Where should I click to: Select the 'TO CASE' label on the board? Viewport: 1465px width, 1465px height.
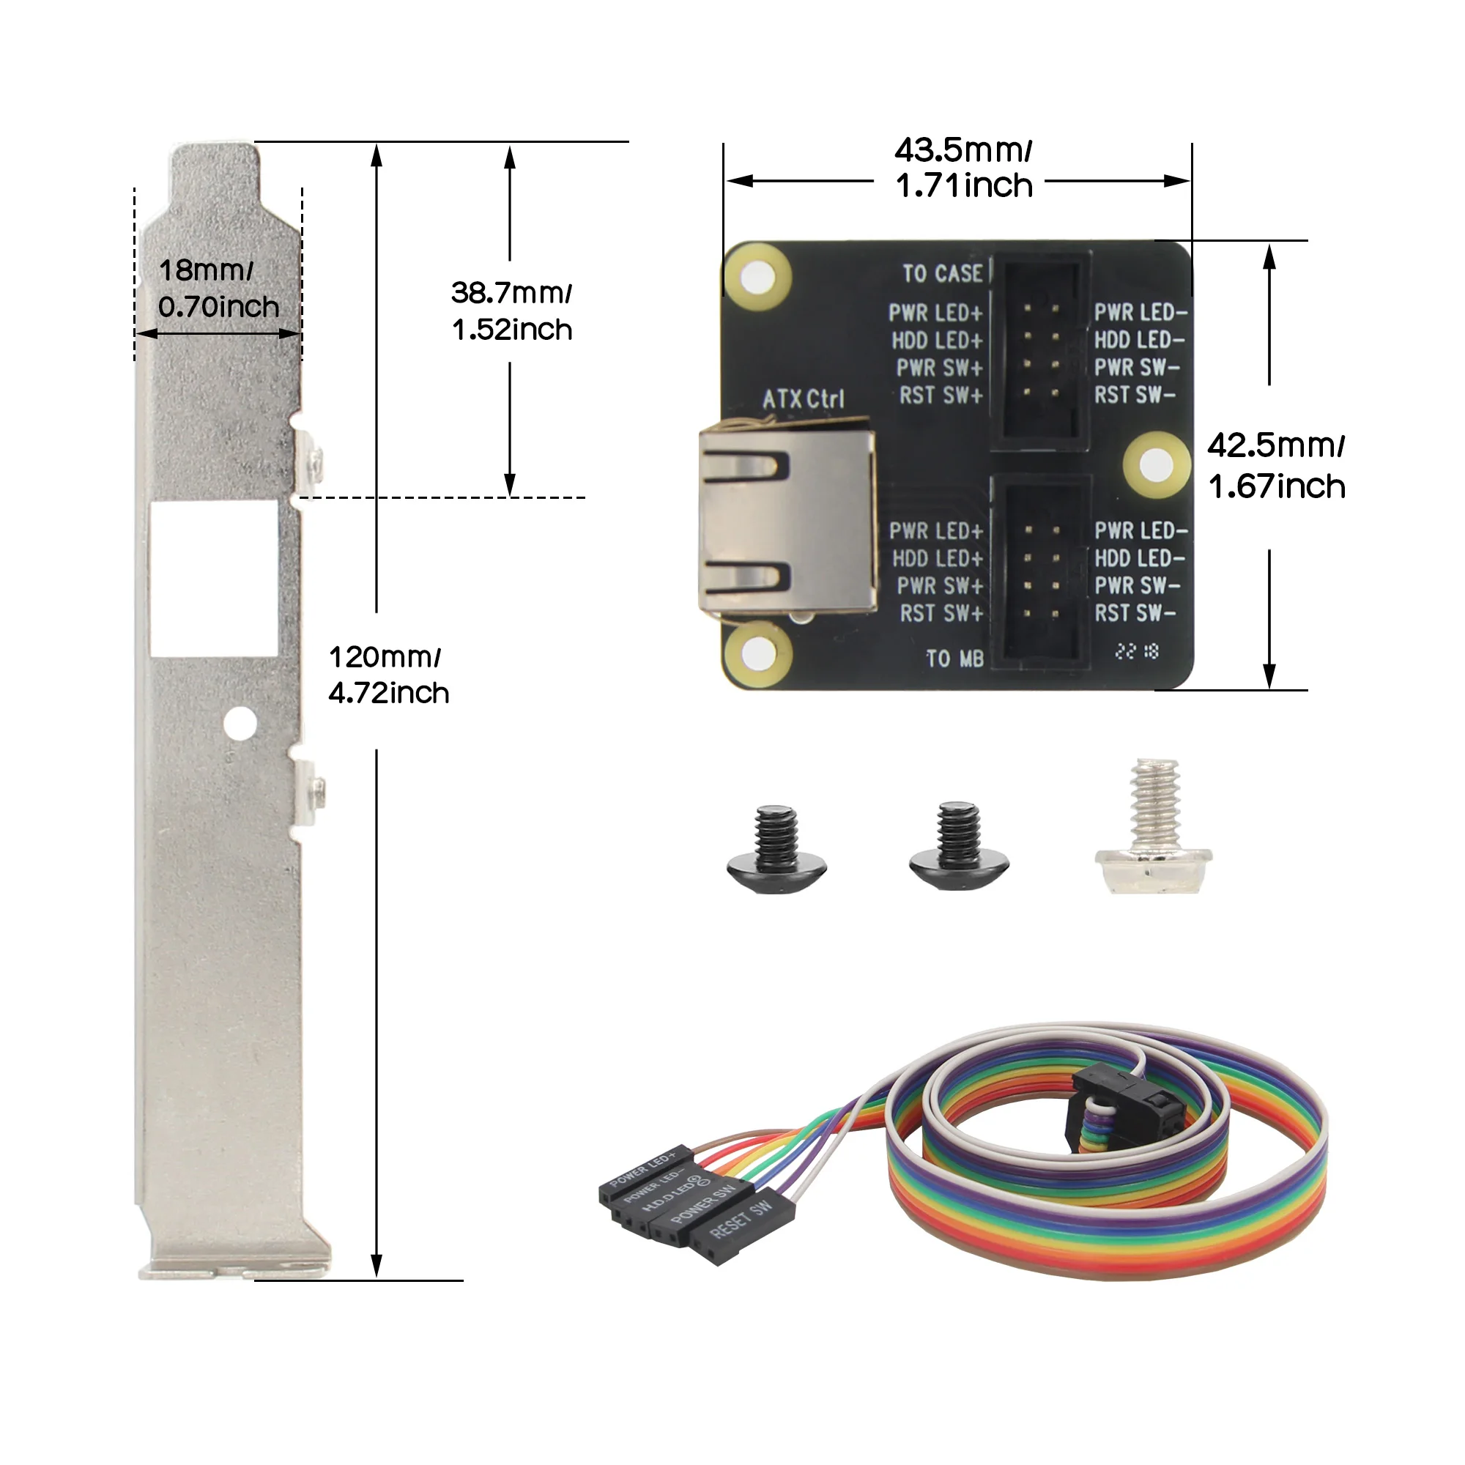click(x=942, y=274)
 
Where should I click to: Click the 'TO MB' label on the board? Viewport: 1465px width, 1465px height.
click(x=954, y=659)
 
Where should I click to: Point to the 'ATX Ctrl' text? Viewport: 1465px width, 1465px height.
click(x=802, y=399)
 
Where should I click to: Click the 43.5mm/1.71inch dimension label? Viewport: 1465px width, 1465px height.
click(x=963, y=168)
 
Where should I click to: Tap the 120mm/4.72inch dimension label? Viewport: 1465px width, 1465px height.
click(x=388, y=675)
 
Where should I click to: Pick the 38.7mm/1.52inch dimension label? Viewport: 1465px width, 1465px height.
click(x=512, y=311)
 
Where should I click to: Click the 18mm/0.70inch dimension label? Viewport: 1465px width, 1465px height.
click(x=218, y=289)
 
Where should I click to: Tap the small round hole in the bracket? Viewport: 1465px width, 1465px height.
click(x=240, y=724)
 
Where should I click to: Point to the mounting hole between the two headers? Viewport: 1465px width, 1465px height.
click(x=1156, y=465)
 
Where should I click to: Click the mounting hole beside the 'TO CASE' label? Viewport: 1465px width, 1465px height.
click(x=757, y=278)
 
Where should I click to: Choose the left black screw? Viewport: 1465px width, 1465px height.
click(x=776, y=849)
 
